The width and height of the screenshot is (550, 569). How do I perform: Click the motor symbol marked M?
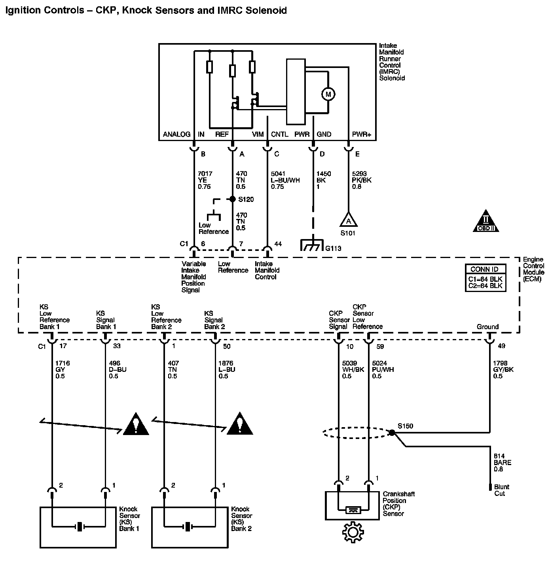click(x=328, y=94)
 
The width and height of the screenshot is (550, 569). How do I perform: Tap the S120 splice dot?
click(x=233, y=199)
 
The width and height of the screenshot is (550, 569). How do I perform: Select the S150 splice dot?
click(x=392, y=433)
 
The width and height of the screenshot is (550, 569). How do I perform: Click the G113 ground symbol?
click(x=312, y=246)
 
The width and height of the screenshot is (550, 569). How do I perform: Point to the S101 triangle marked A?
click(x=348, y=220)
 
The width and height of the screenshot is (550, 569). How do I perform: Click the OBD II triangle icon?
click(x=486, y=222)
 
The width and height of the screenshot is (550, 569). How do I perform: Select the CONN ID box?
click(x=485, y=278)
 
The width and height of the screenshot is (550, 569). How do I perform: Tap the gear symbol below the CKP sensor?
click(x=352, y=532)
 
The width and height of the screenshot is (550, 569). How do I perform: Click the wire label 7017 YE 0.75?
click(x=205, y=180)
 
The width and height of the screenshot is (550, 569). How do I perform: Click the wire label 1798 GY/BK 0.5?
click(x=503, y=369)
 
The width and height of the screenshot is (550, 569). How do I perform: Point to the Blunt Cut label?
click(x=501, y=490)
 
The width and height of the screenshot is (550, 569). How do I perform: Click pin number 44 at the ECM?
click(x=278, y=244)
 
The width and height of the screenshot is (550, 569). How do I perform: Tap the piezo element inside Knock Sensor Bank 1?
click(x=80, y=526)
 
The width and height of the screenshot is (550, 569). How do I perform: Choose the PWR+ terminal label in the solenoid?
click(x=361, y=134)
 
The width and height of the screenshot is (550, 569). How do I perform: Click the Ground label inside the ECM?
click(x=487, y=327)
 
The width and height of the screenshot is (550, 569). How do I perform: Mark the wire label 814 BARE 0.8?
click(x=502, y=462)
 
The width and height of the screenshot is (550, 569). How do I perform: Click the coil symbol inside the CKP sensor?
click(x=353, y=510)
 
